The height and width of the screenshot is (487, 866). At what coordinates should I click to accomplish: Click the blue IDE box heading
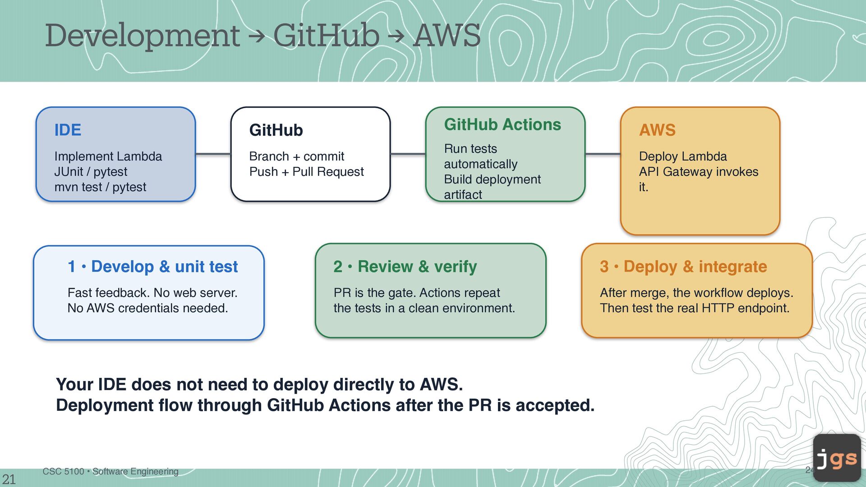[68, 130]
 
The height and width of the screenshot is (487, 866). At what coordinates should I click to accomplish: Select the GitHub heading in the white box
[276, 130]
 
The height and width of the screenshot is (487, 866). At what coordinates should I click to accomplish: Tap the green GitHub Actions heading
[502, 124]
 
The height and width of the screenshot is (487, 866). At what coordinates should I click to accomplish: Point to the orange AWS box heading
[657, 130]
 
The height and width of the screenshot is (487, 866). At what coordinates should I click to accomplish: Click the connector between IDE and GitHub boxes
[213, 154]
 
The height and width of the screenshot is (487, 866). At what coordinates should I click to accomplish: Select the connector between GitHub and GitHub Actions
[408, 154]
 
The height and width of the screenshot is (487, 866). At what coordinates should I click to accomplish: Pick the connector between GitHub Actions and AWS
[603, 154]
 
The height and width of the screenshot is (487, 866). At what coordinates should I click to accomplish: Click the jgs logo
[837, 458]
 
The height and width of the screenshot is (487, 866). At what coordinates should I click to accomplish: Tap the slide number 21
[9, 479]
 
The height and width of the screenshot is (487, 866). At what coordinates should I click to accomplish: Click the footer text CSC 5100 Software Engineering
[111, 471]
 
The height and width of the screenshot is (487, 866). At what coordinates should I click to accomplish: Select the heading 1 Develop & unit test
[152, 266]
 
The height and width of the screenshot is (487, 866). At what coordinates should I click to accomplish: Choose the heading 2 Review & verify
[405, 266]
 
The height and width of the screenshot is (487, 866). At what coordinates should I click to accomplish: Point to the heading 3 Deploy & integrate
[683, 266]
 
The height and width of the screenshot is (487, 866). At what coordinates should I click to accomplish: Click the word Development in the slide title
[143, 36]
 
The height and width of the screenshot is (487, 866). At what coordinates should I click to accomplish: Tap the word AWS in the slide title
[447, 36]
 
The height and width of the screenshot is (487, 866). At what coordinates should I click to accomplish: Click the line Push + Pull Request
[306, 172]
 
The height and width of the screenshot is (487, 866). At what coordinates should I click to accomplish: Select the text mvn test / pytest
[100, 187]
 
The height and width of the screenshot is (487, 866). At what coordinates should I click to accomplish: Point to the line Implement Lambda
[108, 156]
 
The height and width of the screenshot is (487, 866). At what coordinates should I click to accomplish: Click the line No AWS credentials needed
[147, 308]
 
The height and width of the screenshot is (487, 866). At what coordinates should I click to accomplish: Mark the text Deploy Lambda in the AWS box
[683, 156]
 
